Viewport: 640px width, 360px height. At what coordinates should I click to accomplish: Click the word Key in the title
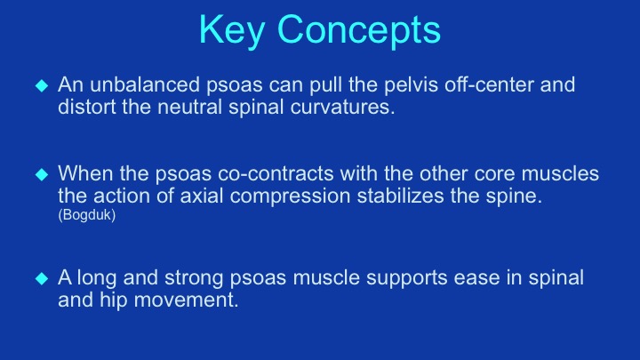(232, 30)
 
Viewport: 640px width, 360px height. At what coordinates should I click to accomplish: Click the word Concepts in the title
(359, 29)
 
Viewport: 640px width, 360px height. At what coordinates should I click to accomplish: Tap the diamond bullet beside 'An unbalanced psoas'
(42, 85)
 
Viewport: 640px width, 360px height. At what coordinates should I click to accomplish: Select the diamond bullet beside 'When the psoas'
(42, 175)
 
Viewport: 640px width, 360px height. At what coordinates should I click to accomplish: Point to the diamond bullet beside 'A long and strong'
(42, 278)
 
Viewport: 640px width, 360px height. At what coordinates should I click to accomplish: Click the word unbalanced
(145, 84)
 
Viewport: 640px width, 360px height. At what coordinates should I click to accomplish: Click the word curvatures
(343, 107)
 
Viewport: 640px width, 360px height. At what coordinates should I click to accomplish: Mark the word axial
(202, 196)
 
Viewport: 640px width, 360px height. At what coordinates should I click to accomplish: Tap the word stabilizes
(400, 196)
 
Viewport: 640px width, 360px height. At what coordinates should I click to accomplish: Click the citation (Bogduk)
(87, 215)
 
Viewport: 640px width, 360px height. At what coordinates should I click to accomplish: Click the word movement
(186, 300)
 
